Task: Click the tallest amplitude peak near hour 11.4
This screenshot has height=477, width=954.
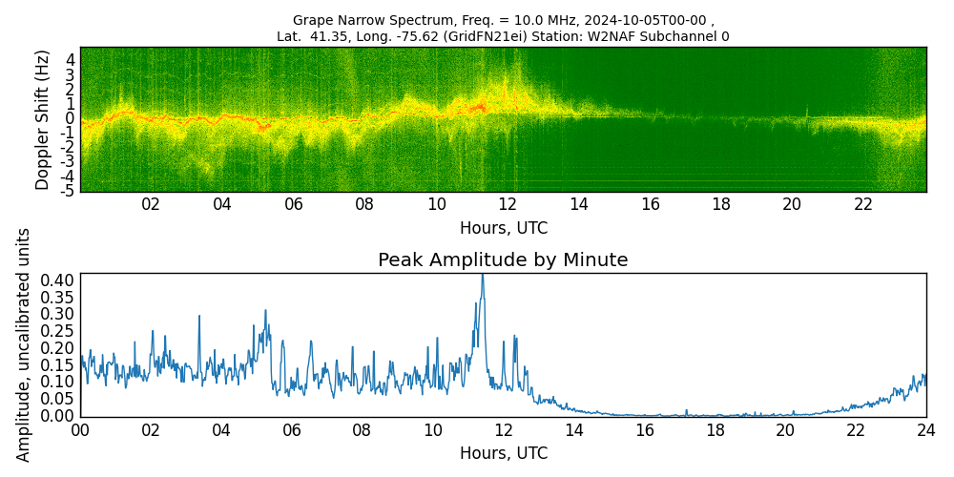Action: [x=483, y=276]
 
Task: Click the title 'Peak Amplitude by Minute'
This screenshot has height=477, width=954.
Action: [x=503, y=259]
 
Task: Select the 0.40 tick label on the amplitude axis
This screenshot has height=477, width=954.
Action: [x=59, y=280]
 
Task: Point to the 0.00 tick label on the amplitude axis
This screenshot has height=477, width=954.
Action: [x=59, y=416]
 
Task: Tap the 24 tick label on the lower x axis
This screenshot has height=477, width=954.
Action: [x=926, y=431]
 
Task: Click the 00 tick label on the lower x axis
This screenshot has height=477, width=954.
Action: [x=80, y=431]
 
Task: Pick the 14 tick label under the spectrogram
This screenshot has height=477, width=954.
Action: [x=579, y=206]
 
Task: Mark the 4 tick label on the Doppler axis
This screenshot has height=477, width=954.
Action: [x=71, y=60]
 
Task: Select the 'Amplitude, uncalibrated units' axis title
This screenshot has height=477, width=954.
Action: [x=23, y=344]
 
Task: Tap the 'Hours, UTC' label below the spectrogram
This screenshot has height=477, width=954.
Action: [x=504, y=229]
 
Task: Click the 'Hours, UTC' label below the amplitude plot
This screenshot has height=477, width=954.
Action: [x=504, y=454]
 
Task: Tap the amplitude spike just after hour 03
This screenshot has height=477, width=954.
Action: [x=199, y=317]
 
